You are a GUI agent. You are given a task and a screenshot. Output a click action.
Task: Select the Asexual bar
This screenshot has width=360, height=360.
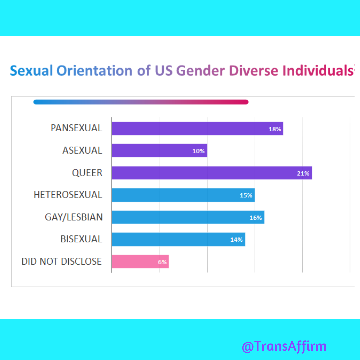coord(159,151)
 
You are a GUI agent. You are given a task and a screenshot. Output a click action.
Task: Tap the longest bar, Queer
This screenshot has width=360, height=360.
coord(212,173)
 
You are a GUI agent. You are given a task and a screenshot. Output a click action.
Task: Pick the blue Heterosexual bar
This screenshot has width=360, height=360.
coord(183,195)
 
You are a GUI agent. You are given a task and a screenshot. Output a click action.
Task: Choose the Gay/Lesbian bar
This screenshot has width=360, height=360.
coord(188,217)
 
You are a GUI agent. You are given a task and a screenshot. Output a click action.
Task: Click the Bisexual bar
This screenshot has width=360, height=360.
coord(178,239)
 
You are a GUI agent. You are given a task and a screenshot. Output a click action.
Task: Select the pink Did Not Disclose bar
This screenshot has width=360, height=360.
coord(140,262)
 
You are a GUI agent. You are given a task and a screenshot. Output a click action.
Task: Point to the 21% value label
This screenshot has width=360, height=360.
coord(303,173)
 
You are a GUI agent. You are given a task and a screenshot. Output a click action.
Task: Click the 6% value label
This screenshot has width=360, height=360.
coord(162,262)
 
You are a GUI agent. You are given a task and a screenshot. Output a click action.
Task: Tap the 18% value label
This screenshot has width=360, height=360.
coord(275,129)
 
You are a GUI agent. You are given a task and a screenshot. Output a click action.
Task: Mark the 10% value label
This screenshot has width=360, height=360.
coord(198,151)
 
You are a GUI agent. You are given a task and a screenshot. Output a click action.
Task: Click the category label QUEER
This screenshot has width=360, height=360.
coord(87,173)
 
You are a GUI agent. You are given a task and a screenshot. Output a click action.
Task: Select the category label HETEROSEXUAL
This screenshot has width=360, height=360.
coord(68,195)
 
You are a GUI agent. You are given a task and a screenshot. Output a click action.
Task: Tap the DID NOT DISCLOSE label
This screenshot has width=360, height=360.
coord(61,261)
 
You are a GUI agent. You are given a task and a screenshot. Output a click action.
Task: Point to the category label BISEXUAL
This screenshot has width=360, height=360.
coord(81,239)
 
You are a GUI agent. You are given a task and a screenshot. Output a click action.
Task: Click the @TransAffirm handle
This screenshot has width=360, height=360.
coord(284,346)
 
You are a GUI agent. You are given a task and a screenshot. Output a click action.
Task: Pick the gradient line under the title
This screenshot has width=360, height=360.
coord(141,102)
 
